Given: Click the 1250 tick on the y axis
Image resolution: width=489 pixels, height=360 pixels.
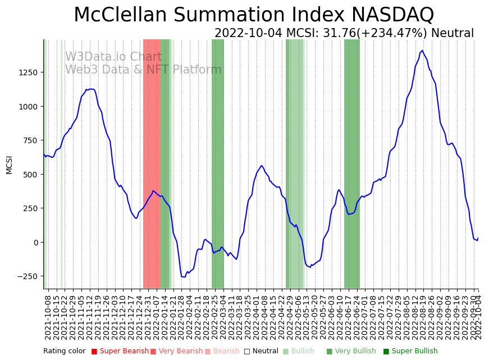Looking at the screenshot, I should pos(29,72).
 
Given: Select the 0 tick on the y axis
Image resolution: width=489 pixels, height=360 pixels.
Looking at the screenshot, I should pos(35,243).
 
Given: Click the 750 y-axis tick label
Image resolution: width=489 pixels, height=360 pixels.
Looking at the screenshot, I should pos(30,140).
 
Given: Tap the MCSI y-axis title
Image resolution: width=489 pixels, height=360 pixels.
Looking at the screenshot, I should pos(9,165).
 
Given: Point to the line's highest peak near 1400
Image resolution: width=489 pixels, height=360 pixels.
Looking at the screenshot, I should pos(422,51).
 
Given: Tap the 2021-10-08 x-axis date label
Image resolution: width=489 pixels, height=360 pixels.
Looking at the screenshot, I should pos(48,317).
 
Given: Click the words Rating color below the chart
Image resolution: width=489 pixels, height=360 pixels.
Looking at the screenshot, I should pos(65,351).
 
